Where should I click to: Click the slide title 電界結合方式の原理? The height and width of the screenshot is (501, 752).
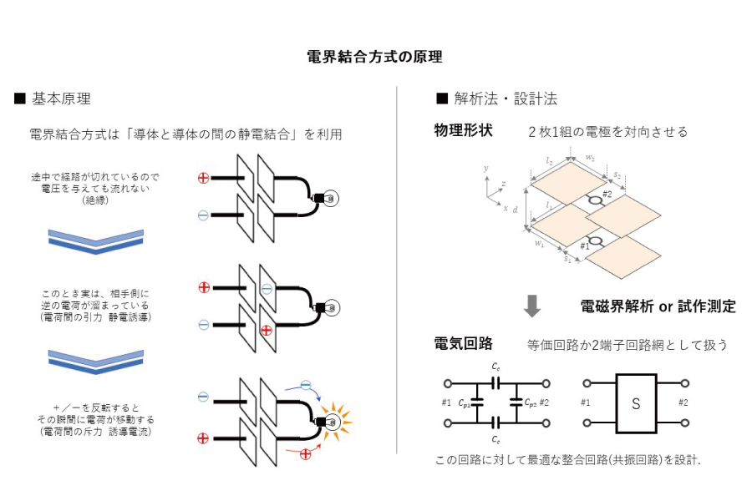click(x=375, y=57)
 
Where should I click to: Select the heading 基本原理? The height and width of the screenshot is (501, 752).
click(x=62, y=99)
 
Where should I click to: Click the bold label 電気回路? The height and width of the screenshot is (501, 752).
click(x=463, y=343)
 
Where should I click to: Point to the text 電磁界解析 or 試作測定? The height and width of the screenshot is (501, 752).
click(x=658, y=306)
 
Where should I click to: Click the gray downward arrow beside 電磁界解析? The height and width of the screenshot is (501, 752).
click(x=532, y=306)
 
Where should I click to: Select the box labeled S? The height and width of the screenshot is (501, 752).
click(x=636, y=403)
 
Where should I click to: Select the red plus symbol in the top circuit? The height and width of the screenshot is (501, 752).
click(x=203, y=178)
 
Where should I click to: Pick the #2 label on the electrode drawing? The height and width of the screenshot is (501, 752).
click(x=607, y=195)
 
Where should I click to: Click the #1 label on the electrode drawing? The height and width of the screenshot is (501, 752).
click(x=585, y=246)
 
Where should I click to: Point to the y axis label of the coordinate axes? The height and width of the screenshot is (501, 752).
click(x=485, y=170)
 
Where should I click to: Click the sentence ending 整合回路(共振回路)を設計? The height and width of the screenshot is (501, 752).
click(x=568, y=460)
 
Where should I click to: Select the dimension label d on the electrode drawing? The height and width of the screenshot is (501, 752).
click(x=516, y=211)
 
